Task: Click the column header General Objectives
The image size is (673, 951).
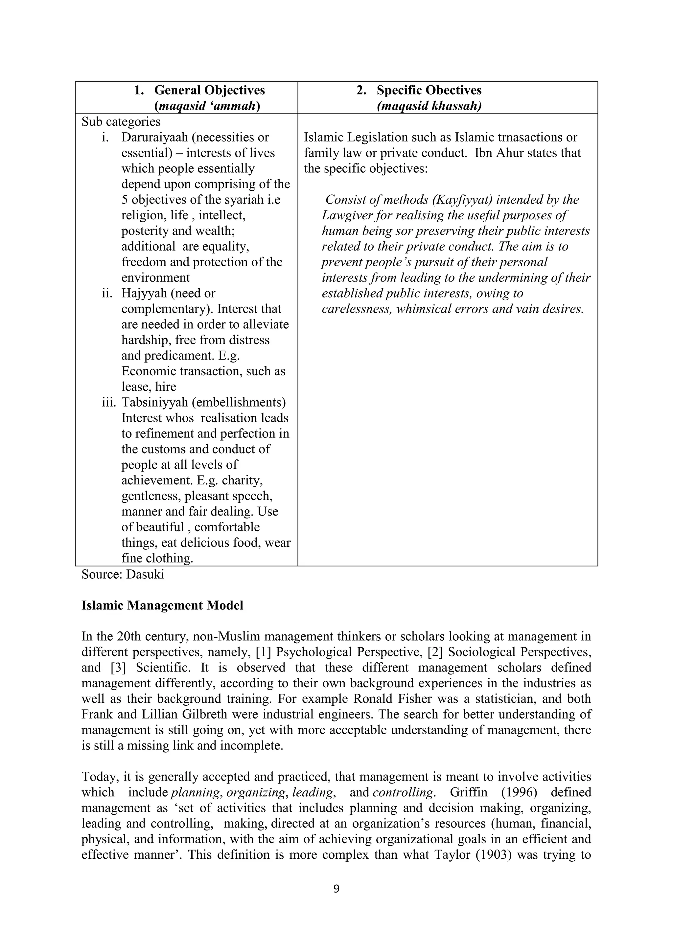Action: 209,90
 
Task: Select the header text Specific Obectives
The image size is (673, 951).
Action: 429,90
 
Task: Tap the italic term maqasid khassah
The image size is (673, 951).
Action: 429,106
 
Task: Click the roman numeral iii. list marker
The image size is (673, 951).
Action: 109,402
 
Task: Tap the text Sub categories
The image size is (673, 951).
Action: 121,122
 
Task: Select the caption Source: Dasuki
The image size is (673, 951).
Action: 123,574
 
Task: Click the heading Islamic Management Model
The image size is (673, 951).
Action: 162,606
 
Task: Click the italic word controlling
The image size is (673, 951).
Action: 403,792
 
